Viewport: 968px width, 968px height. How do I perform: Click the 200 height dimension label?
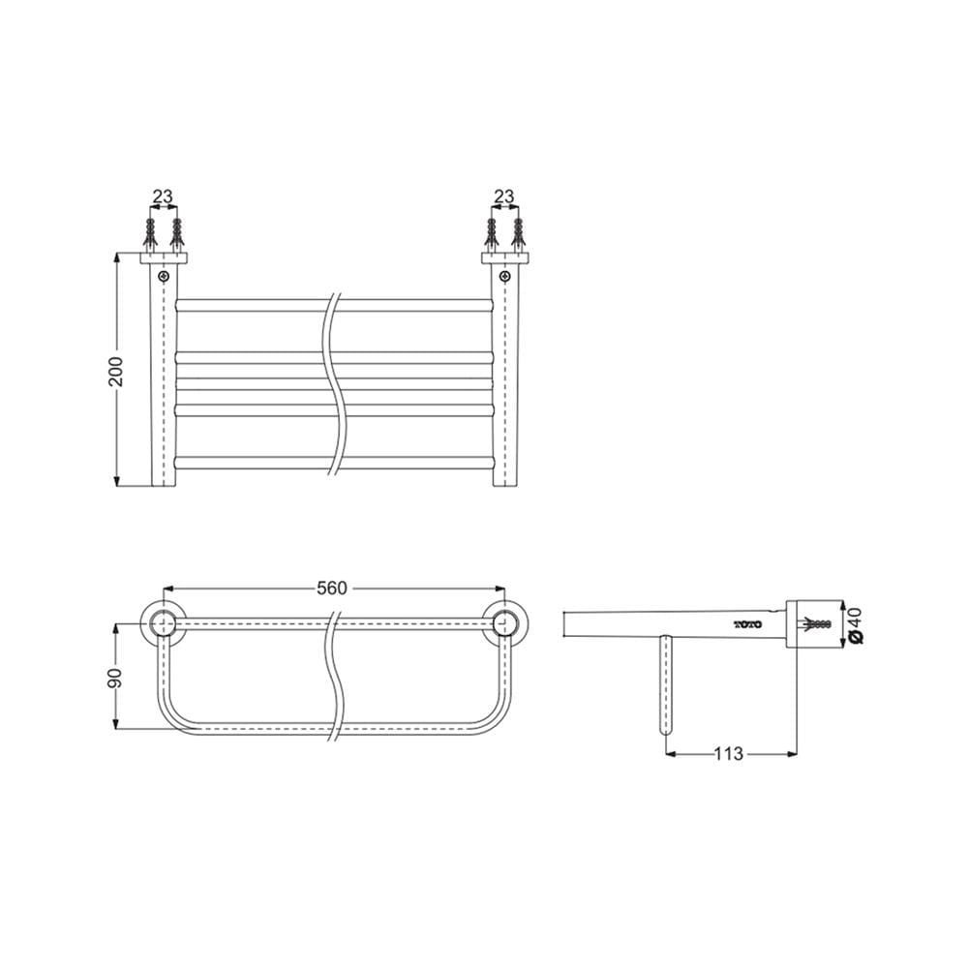pos(116,371)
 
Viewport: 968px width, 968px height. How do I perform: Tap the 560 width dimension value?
pos(332,589)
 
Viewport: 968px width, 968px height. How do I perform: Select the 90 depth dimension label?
pos(116,678)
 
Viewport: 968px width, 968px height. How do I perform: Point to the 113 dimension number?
pos(729,754)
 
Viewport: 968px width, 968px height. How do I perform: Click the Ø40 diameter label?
pos(857,625)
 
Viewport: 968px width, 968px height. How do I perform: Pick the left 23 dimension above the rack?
pos(163,197)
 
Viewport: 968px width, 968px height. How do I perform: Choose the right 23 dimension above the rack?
pos(503,197)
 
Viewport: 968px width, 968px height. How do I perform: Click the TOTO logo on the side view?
pos(747,624)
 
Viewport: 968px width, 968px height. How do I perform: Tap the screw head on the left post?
pos(164,276)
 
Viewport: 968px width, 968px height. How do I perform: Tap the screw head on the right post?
pos(505,276)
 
